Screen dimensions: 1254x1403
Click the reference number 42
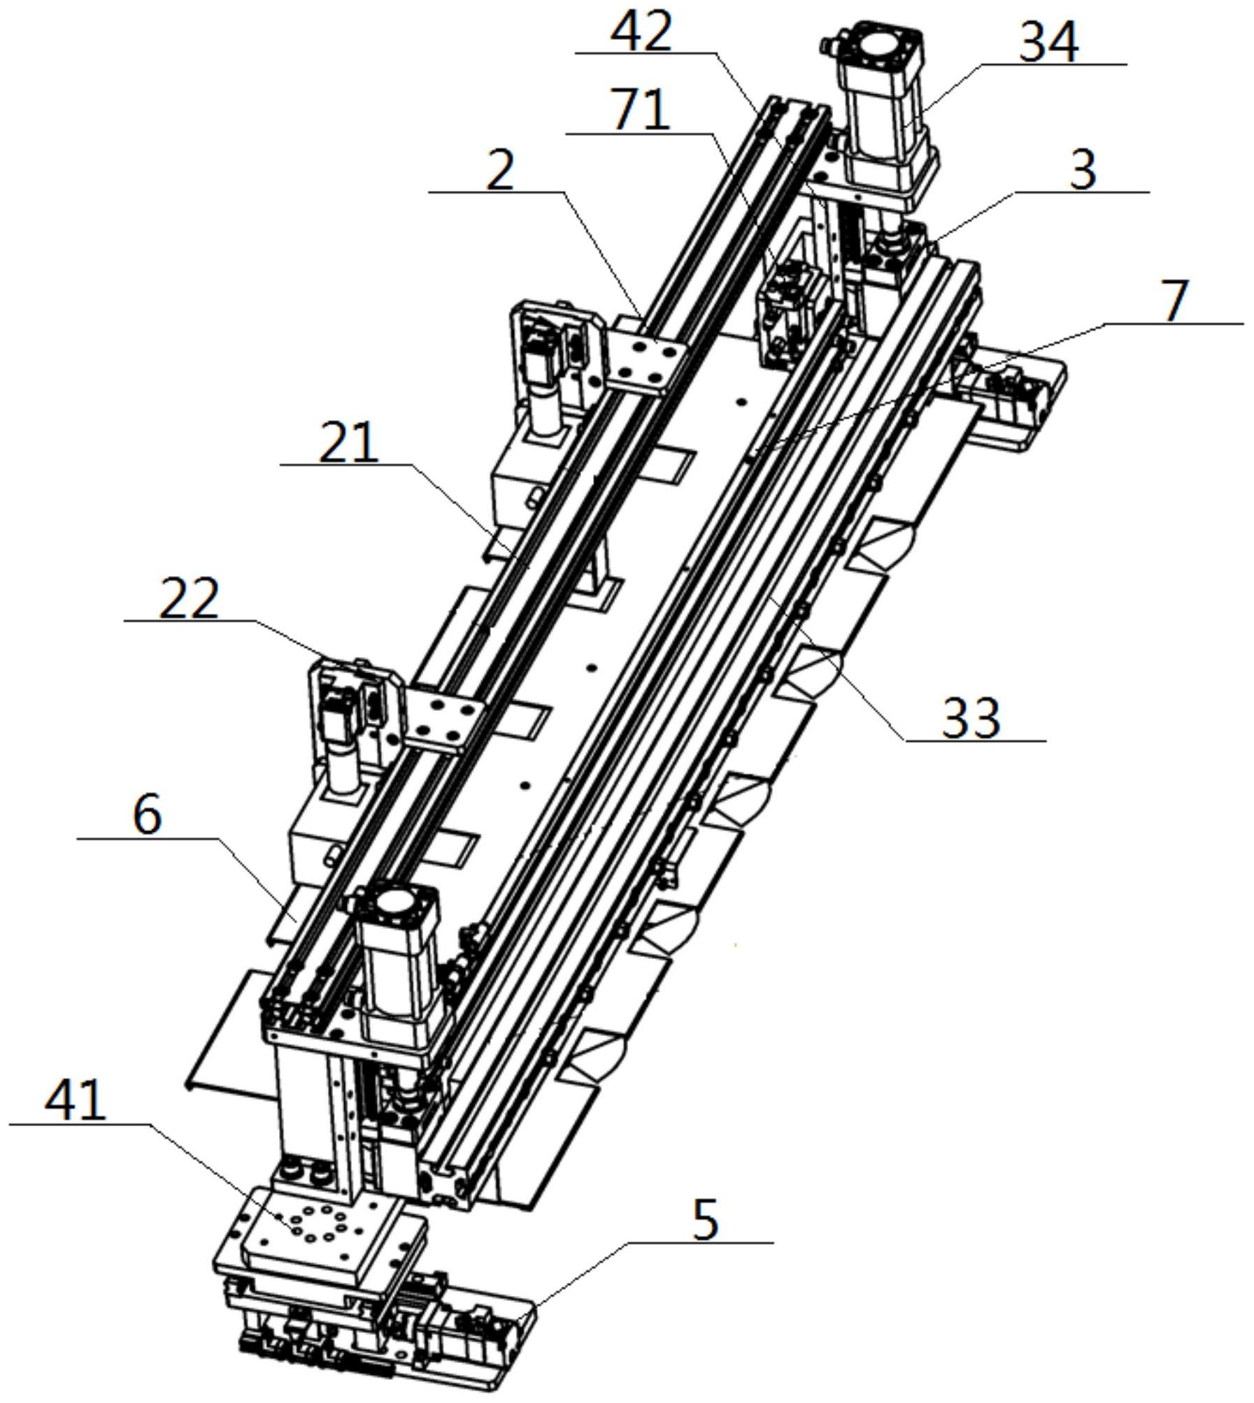tap(641, 30)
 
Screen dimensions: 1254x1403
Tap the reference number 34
tap(1048, 42)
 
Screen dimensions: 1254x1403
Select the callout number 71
tap(640, 109)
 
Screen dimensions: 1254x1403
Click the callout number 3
tap(1083, 170)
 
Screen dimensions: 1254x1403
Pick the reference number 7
tap(1174, 301)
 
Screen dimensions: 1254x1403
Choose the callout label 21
tap(348, 442)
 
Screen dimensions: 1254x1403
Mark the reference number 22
tap(189, 598)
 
